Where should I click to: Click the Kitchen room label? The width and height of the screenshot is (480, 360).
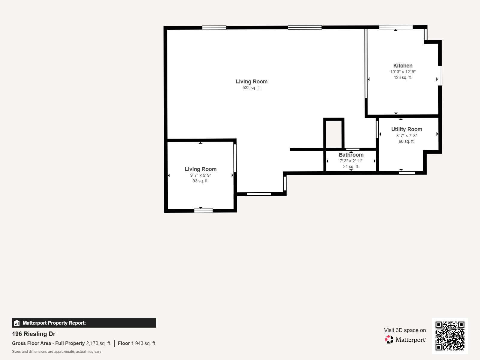(x=403, y=66)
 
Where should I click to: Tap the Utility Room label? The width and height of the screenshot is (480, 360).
(x=406, y=129)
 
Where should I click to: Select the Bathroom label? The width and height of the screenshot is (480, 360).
(x=351, y=155)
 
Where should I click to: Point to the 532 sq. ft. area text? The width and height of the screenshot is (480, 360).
(x=251, y=88)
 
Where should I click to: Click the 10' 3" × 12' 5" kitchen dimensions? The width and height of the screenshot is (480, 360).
(x=403, y=72)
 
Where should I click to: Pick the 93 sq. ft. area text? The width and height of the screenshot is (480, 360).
(x=200, y=181)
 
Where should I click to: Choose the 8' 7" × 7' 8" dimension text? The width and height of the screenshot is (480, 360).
(x=406, y=136)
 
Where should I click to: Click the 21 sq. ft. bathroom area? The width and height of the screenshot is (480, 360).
(x=351, y=166)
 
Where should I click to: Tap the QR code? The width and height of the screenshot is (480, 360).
(x=450, y=336)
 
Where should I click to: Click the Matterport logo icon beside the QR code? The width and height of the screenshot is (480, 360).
(x=389, y=340)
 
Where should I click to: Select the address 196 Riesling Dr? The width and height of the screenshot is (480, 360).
(x=34, y=334)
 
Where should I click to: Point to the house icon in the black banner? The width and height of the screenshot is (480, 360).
(x=17, y=323)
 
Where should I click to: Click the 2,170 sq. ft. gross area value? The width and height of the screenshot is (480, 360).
(x=99, y=343)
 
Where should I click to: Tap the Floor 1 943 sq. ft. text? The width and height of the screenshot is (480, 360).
(x=137, y=343)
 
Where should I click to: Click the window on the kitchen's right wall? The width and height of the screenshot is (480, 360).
(x=440, y=76)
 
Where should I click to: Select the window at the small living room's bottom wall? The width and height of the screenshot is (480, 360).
(x=203, y=211)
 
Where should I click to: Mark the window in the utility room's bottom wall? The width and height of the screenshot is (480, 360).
(x=407, y=173)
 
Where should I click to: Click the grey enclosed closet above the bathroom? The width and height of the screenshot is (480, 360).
(x=334, y=134)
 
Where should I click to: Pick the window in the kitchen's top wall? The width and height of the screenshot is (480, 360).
(x=396, y=27)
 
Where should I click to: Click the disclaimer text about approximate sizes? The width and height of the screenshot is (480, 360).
(x=56, y=352)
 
